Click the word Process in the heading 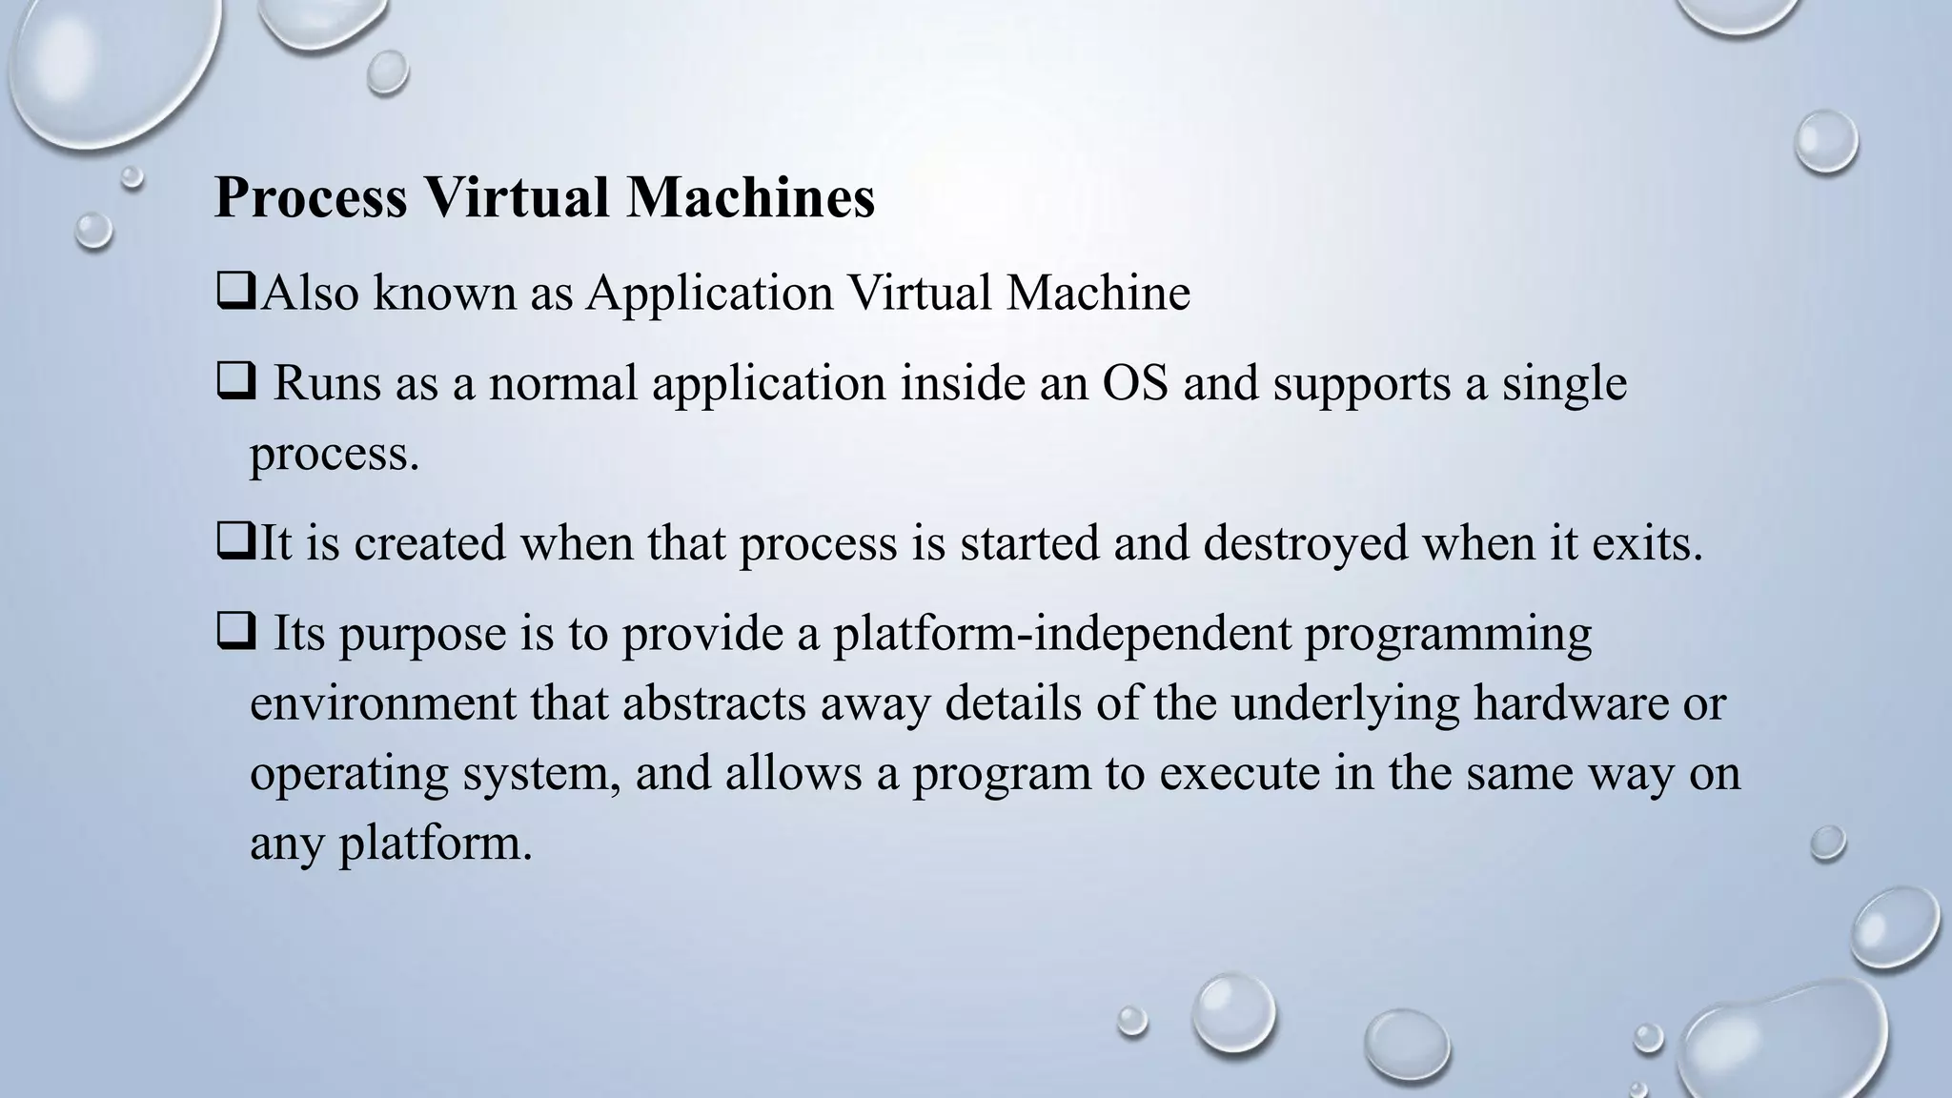pos(311,198)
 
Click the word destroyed pos(1305,543)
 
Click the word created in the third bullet pos(429,543)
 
